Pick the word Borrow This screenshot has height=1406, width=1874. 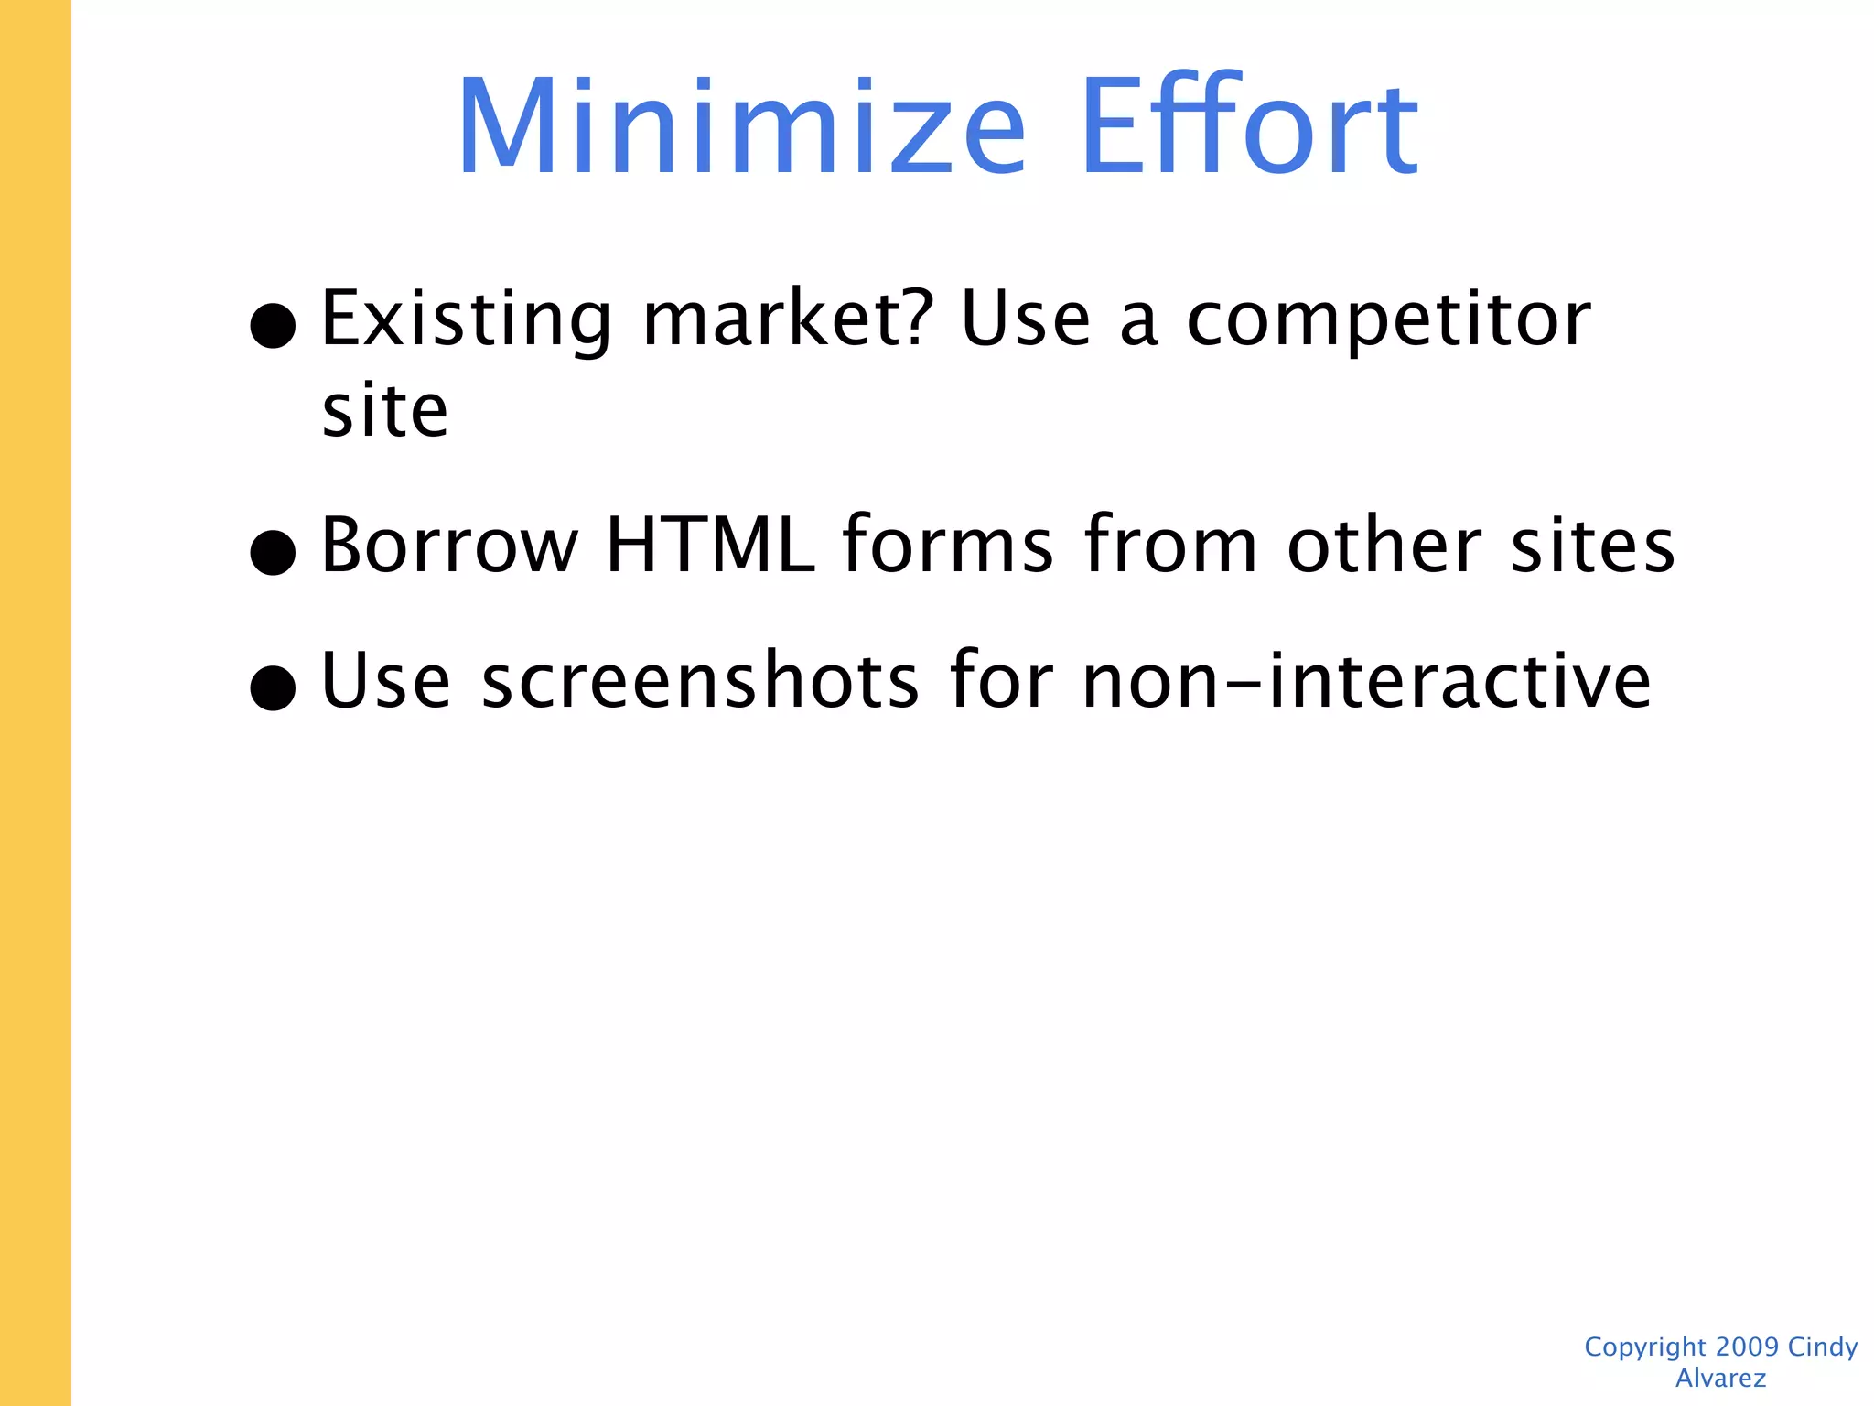(x=450, y=546)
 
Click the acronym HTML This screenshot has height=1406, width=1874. (x=710, y=546)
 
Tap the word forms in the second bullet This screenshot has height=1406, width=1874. (x=948, y=546)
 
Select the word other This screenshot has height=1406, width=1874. (x=1384, y=546)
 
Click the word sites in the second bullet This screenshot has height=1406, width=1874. (x=1593, y=546)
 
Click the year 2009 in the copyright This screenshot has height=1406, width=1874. (x=1747, y=1347)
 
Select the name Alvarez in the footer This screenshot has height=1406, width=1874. (x=1720, y=1378)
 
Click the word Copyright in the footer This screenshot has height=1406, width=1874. (x=1645, y=1347)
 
